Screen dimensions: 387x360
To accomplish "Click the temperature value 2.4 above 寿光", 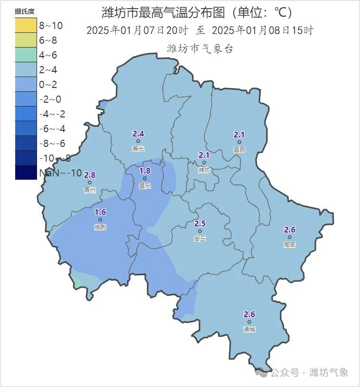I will click(x=138, y=134).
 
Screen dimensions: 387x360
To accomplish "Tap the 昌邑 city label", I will click(x=239, y=149).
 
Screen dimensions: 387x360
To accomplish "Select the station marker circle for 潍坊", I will click(x=204, y=163).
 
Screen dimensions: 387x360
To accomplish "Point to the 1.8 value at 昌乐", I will click(x=144, y=171).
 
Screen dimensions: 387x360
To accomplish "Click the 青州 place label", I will click(x=89, y=190).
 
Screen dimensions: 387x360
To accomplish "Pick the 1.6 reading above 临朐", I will click(x=100, y=213).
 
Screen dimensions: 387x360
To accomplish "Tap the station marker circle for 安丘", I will click(x=200, y=231).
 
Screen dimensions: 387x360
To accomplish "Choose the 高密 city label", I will click(x=289, y=244).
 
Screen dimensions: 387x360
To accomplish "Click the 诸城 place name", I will click(x=249, y=329).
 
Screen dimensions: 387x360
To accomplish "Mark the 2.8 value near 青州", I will click(x=89, y=175).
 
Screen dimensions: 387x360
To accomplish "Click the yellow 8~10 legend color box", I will click(x=26, y=25).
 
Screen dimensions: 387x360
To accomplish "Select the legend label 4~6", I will click(x=48, y=55).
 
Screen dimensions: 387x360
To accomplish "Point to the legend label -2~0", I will click(x=50, y=99).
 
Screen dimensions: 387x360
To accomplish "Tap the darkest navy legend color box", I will click(x=26, y=172).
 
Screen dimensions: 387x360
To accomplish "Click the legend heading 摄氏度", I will click(x=25, y=11).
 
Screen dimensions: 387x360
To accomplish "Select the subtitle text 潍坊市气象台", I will click(x=200, y=48).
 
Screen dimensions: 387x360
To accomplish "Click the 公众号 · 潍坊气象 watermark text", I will click(x=309, y=372).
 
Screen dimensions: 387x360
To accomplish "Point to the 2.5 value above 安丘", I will click(x=200, y=223).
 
